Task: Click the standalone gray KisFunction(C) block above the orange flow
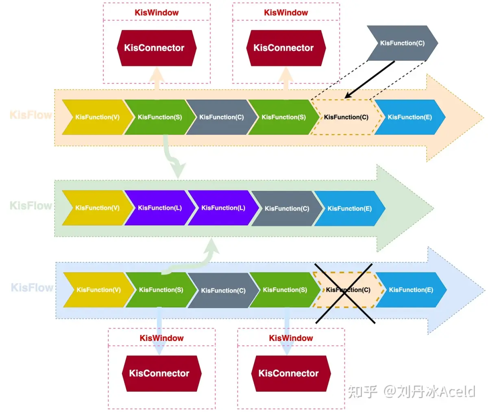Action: (402, 43)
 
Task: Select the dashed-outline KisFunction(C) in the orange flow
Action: (346, 117)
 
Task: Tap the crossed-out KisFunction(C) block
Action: (348, 290)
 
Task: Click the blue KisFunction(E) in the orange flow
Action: (410, 117)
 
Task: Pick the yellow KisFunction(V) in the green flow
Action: (97, 208)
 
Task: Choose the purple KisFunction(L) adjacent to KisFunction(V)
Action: (159, 208)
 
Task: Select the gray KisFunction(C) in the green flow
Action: (287, 208)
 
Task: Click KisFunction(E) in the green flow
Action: (349, 208)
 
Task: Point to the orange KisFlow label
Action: (31, 115)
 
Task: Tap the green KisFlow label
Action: (31, 206)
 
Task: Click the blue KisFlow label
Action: (32, 288)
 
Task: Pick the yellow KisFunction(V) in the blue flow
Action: (98, 290)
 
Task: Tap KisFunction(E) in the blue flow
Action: (411, 290)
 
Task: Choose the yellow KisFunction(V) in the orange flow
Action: (97, 117)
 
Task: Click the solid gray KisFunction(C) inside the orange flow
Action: (221, 117)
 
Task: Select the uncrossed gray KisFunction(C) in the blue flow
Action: (223, 291)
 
